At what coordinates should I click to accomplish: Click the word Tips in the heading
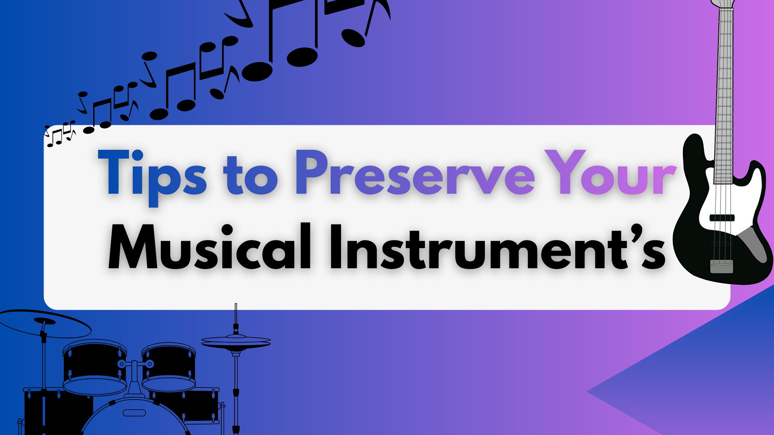click(x=152, y=173)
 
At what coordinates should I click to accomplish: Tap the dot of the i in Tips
click(x=137, y=155)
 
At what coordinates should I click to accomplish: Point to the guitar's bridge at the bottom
click(x=721, y=267)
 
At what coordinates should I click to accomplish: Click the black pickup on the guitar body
click(x=722, y=218)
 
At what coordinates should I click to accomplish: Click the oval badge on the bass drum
click(x=134, y=413)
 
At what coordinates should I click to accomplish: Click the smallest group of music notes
click(x=60, y=133)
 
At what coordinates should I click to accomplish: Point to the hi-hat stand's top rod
click(x=236, y=314)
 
